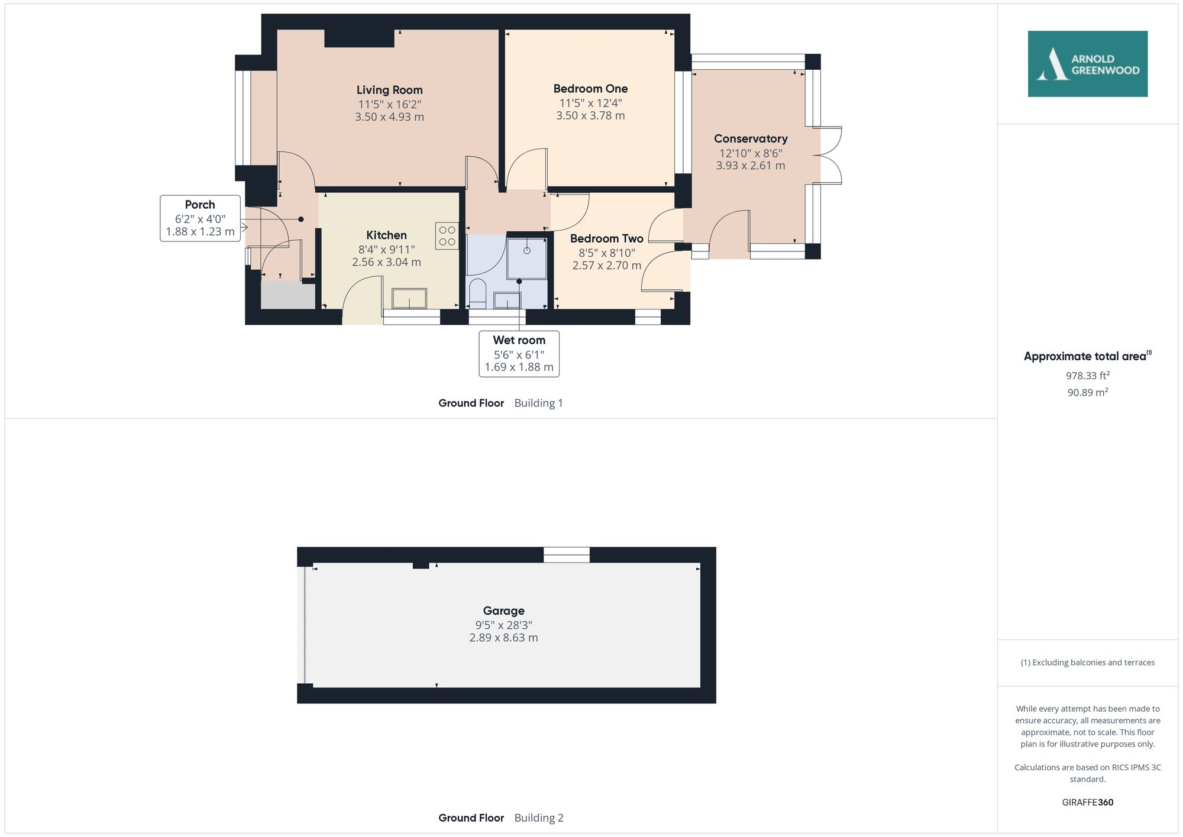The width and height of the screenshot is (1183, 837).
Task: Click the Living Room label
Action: point(389,90)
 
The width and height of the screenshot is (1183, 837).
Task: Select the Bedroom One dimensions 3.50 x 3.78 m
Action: point(590,116)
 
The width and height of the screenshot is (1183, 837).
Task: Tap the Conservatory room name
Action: point(750,138)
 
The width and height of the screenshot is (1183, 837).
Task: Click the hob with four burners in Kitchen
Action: point(447,235)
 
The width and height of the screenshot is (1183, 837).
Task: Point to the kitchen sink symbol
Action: point(409,298)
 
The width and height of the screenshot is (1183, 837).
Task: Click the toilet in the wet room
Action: point(477,293)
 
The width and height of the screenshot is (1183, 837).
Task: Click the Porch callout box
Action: point(200,218)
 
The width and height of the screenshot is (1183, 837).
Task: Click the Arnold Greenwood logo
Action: point(1087,64)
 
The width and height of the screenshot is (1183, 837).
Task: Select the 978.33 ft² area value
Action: point(1087,376)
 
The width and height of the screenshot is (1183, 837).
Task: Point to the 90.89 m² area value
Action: point(1087,392)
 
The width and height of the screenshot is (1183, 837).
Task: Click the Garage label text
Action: point(503,610)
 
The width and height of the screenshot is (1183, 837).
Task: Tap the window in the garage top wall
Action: point(566,555)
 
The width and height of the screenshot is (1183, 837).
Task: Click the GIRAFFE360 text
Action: point(1087,802)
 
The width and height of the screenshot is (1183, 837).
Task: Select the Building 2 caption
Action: point(538,817)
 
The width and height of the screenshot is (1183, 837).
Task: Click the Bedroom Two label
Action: point(606,238)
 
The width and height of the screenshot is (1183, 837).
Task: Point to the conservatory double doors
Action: point(828,155)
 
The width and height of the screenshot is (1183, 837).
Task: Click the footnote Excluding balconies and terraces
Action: point(1087,663)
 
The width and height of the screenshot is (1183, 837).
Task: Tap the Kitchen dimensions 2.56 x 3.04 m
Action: point(386,262)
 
